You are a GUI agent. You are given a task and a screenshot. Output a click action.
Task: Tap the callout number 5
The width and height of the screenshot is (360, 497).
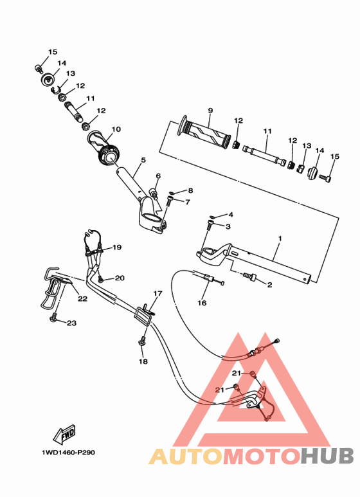coord(143,160)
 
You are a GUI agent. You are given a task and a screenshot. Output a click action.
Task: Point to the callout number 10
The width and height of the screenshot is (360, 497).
coord(116,129)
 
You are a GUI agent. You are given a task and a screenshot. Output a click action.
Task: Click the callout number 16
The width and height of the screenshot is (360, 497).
coord(202,303)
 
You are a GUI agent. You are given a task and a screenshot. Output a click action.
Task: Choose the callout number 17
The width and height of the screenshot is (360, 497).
coord(157,293)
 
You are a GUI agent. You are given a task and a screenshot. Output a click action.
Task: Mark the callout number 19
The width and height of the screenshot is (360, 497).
coord(117,248)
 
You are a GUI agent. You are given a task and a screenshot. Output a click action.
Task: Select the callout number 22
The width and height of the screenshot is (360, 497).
coord(82,298)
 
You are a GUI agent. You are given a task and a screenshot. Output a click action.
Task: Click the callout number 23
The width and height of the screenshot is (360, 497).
coord(71,323)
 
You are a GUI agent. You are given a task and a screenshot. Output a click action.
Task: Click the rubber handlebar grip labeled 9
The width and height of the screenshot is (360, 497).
coord(205,133)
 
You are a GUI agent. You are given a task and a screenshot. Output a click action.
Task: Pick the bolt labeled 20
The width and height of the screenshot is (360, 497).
coord(100,279)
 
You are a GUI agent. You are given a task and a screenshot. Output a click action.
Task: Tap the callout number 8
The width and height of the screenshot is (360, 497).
coord(189,191)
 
